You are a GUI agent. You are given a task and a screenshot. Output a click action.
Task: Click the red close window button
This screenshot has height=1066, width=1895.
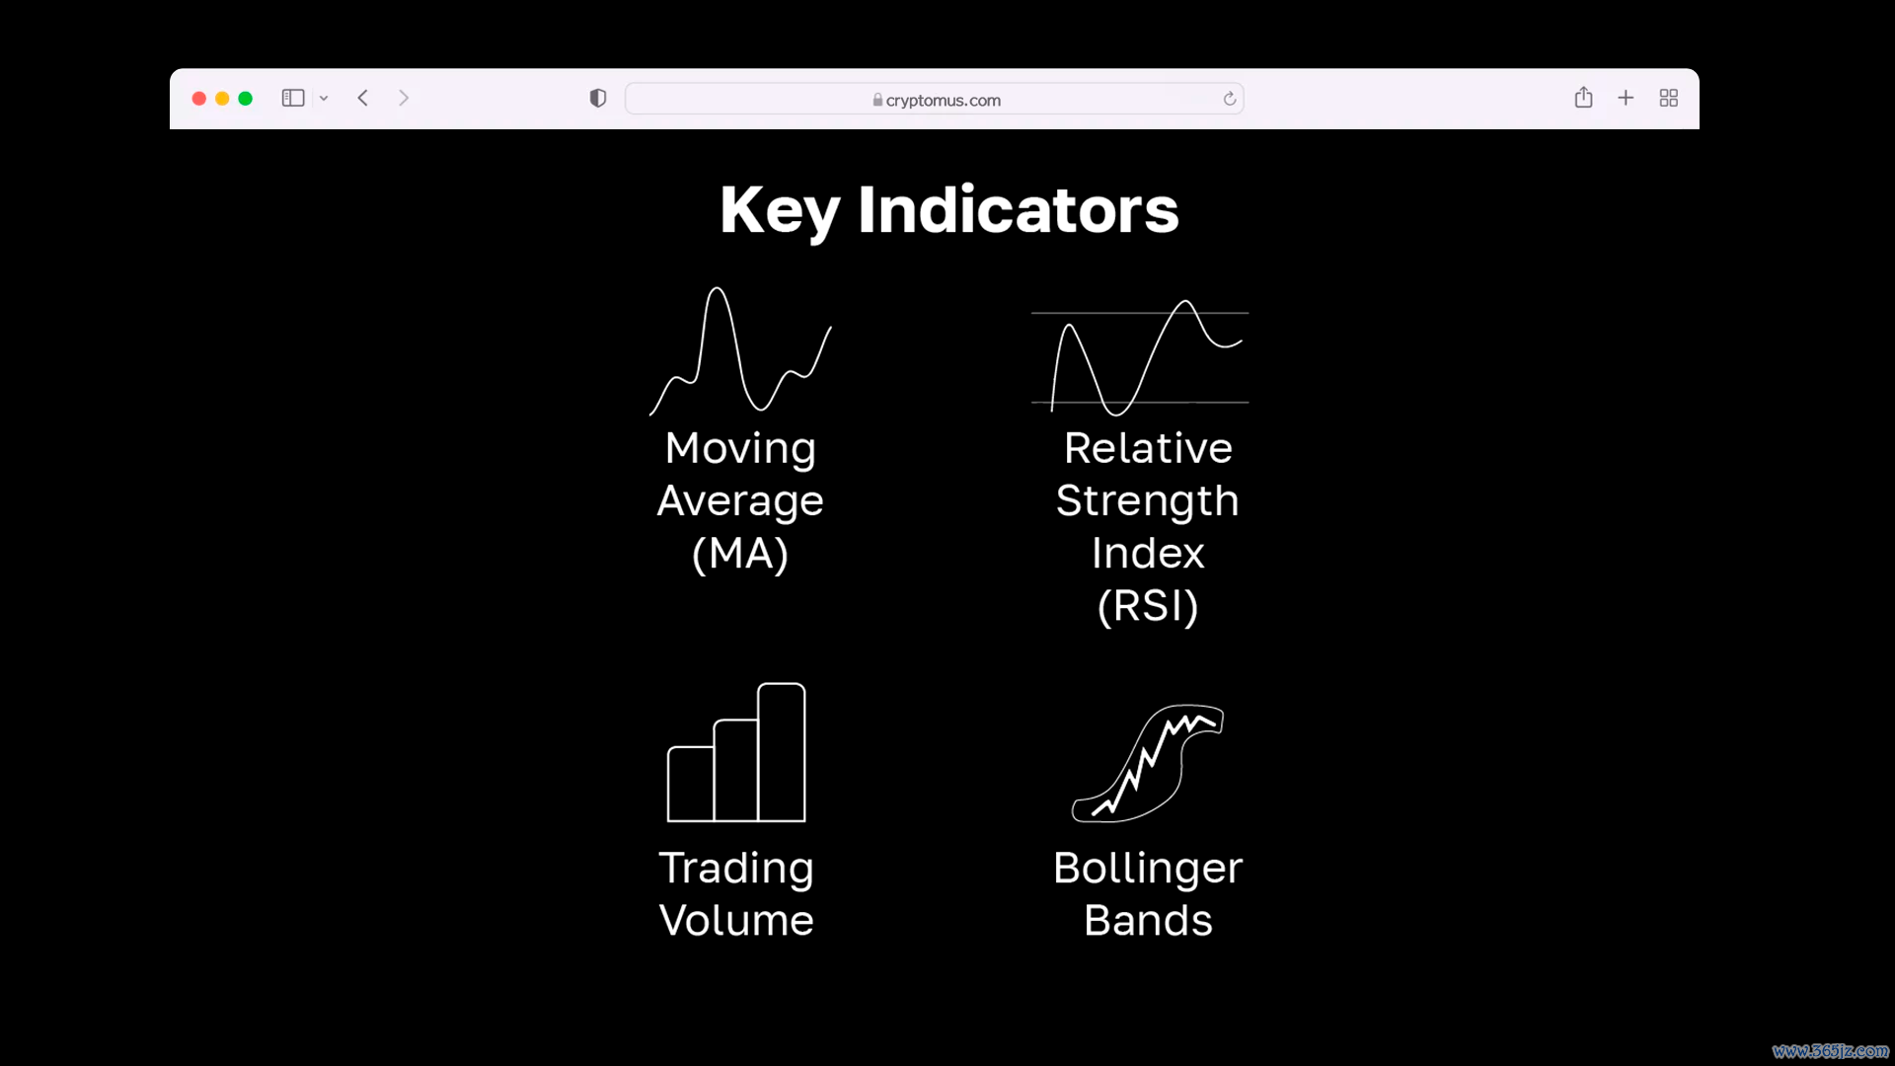(x=198, y=99)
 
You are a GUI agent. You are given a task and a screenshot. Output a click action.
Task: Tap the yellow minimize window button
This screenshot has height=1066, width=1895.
(x=222, y=99)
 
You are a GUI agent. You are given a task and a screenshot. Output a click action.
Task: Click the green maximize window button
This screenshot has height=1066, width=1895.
(x=246, y=99)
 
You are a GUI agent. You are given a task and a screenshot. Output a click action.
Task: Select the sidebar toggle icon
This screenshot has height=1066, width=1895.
(x=293, y=98)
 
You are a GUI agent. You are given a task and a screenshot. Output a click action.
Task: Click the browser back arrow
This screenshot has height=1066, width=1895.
(x=363, y=98)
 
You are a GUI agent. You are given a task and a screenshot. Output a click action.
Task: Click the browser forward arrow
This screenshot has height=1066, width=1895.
(x=404, y=98)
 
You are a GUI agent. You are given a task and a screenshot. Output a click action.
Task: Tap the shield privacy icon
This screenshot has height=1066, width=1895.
(x=598, y=98)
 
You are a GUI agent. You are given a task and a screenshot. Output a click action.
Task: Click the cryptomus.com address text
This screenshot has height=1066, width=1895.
(x=944, y=100)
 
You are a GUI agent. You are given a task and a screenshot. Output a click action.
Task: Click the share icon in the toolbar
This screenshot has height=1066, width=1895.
(x=1584, y=97)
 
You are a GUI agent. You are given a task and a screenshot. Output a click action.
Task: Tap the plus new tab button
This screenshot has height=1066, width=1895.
(x=1626, y=98)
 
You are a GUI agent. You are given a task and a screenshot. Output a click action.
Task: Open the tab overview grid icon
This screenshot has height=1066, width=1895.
(x=1669, y=98)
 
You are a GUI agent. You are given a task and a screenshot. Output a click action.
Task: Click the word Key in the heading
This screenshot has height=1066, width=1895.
(x=780, y=211)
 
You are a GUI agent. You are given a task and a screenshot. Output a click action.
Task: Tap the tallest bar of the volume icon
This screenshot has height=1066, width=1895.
(x=782, y=752)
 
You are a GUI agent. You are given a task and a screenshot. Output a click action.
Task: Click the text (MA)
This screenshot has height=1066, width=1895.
(x=740, y=554)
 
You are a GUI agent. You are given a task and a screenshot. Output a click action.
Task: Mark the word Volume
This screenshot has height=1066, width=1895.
(x=736, y=920)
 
